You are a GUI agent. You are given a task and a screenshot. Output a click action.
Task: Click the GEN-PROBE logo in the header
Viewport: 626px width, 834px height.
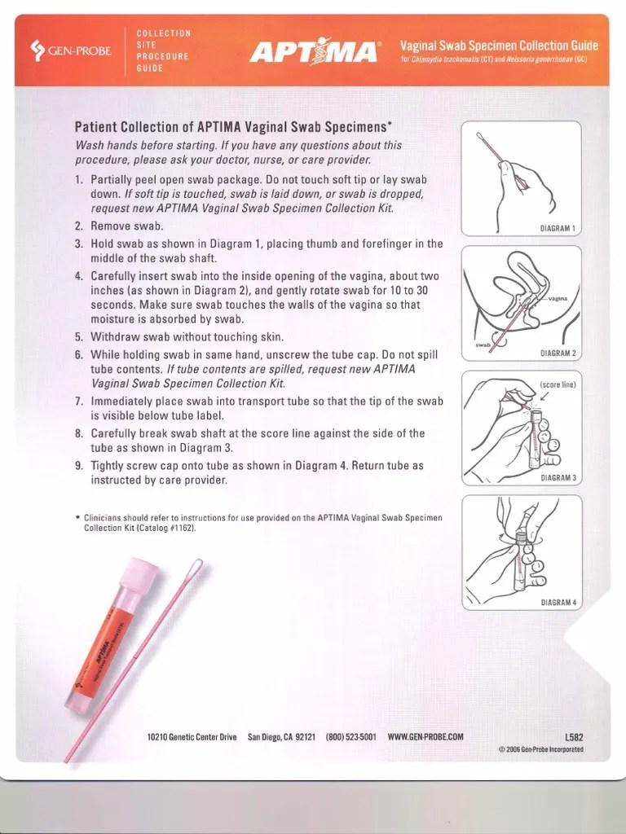(x=71, y=50)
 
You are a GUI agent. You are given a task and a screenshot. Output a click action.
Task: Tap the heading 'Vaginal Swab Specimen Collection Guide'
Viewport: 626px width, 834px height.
(x=499, y=45)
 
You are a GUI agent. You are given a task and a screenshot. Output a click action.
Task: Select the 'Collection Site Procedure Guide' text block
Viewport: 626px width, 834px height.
(x=163, y=50)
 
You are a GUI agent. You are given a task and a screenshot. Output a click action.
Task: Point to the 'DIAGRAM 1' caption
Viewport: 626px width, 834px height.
(x=558, y=228)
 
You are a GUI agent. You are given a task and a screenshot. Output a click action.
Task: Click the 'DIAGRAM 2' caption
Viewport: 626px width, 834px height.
(x=558, y=353)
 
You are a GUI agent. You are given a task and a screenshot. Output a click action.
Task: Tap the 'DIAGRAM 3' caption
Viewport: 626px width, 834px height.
(x=558, y=478)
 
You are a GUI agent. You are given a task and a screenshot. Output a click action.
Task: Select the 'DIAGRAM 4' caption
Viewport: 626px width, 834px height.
(x=558, y=603)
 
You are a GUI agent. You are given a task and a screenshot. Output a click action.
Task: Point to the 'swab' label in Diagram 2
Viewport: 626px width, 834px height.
(x=483, y=345)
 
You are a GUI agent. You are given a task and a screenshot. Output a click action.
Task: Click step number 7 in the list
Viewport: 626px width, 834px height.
(x=79, y=402)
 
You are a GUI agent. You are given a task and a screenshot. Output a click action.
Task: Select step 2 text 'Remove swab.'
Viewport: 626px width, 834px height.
(x=127, y=226)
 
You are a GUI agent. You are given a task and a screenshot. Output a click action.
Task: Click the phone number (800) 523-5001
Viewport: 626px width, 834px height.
(x=350, y=737)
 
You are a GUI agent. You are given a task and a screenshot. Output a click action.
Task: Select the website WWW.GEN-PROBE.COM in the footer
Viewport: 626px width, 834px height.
(x=425, y=737)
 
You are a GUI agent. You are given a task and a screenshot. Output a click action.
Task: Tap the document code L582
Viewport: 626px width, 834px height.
(x=574, y=737)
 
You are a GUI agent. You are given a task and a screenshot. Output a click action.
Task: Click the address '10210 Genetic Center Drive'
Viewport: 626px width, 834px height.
(x=192, y=737)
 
